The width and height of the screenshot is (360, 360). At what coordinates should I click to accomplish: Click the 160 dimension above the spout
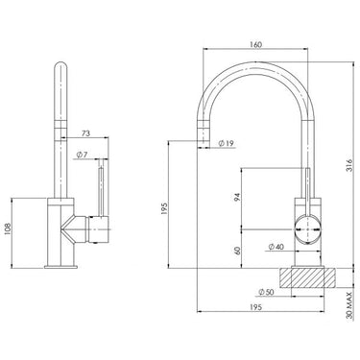pyautogui.click(x=254, y=42)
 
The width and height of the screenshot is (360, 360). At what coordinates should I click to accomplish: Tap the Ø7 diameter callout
pyautogui.click(x=84, y=155)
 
